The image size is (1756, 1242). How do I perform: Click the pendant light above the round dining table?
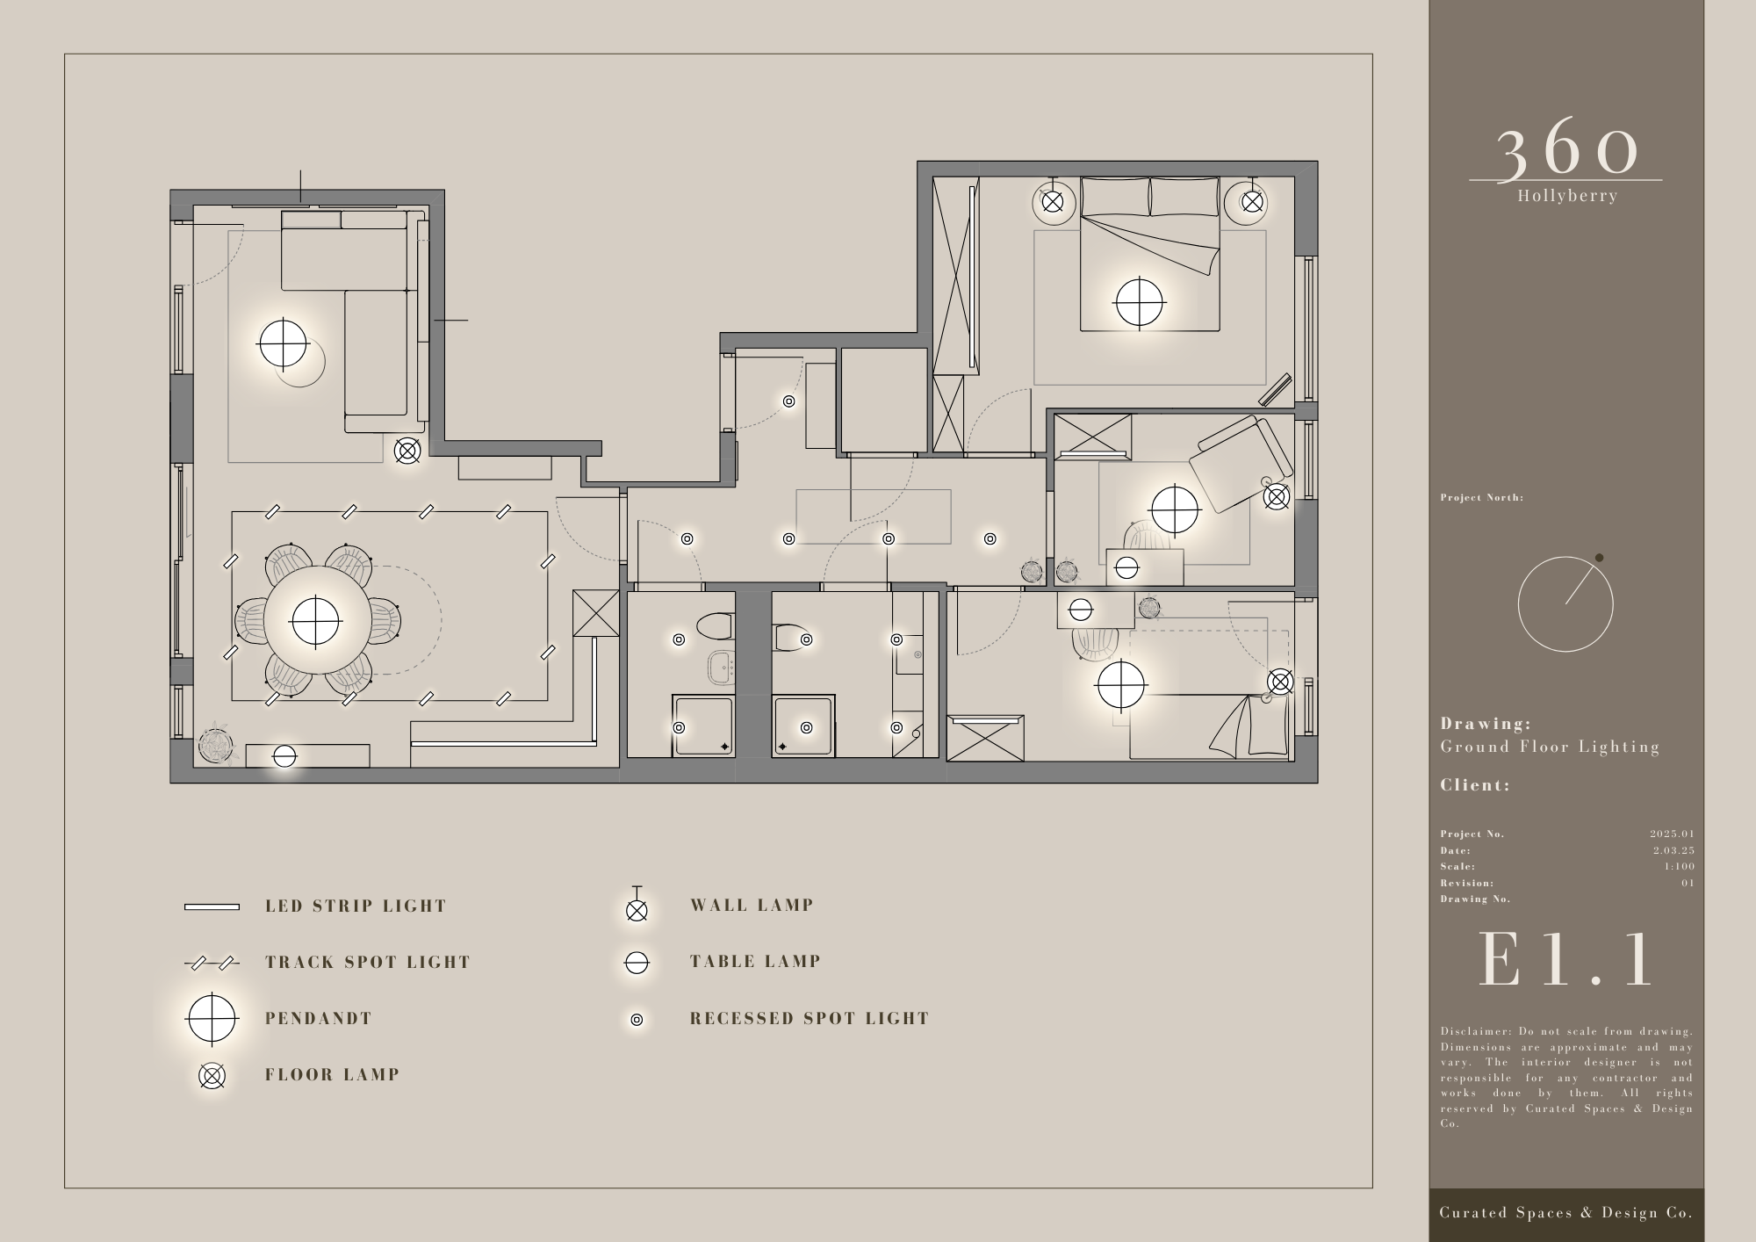click(x=315, y=621)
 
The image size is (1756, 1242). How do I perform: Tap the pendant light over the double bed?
click(x=1139, y=303)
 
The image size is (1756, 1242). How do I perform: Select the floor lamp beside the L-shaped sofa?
click(x=407, y=451)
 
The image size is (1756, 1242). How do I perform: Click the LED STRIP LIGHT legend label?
click(x=356, y=906)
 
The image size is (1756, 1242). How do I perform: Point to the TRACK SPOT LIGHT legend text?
click(x=368, y=962)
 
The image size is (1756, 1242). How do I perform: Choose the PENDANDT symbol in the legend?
click(x=212, y=1019)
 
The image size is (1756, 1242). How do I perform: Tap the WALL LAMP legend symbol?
click(x=637, y=906)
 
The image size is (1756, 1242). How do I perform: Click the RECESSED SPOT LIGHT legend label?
click(x=810, y=1019)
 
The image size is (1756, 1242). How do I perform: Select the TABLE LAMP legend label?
click(x=756, y=962)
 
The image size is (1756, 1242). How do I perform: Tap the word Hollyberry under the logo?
click(x=1567, y=196)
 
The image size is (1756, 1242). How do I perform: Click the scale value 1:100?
click(x=1679, y=866)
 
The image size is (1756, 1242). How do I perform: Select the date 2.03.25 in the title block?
click(x=1673, y=850)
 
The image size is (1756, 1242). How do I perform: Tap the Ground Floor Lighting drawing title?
click(x=1550, y=747)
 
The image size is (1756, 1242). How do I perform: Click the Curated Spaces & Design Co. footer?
click(x=1566, y=1213)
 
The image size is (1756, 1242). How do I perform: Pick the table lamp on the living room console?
click(x=284, y=756)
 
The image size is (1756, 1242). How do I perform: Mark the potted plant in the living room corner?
click(x=215, y=745)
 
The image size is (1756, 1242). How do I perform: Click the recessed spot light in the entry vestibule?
click(x=789, y=401)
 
